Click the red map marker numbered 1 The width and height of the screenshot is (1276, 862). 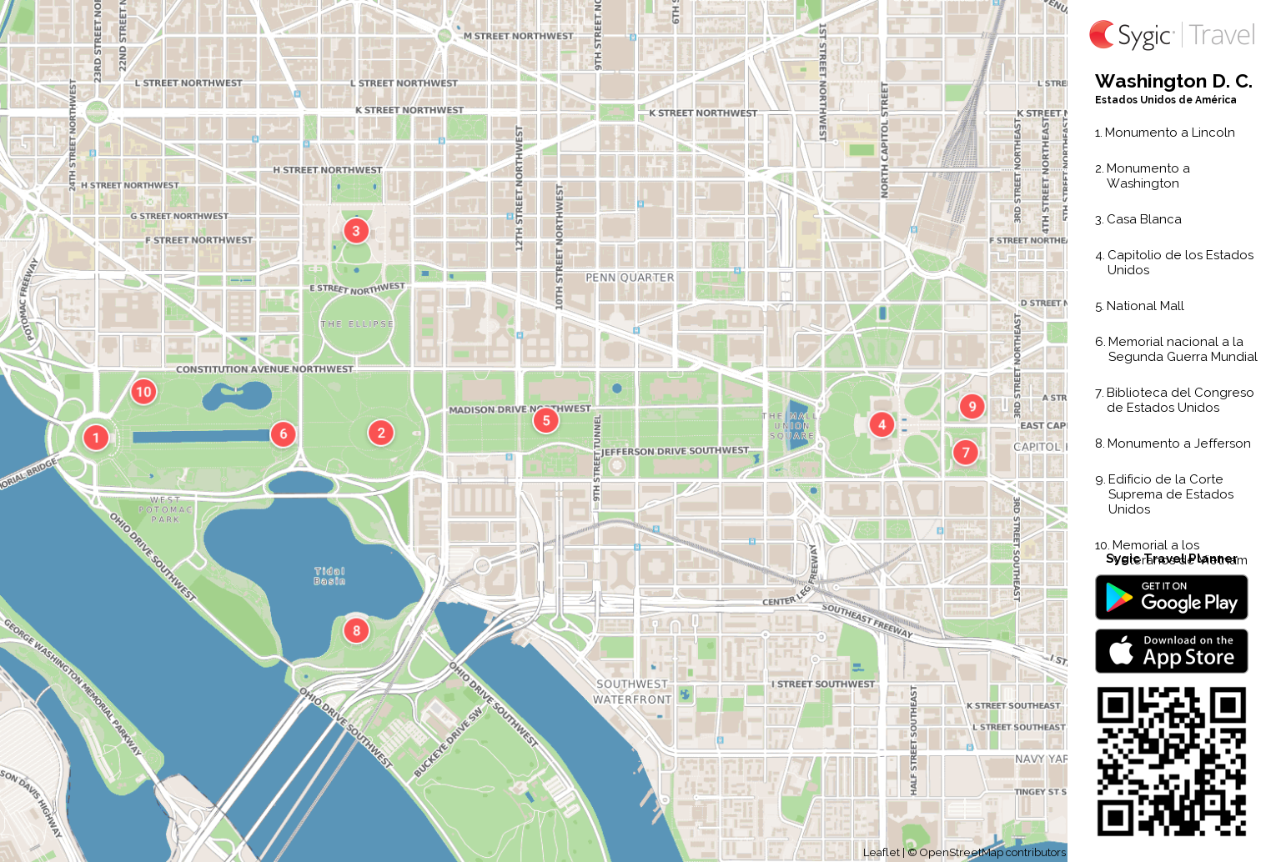(x=96, y=437)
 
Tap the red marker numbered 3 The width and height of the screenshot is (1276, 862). (x=356, y=231)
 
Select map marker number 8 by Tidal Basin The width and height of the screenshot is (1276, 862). (x=356, y=630)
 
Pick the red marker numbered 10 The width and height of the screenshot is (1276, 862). (x=143, y=392)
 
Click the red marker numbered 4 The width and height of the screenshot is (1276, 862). (x=882, y=424)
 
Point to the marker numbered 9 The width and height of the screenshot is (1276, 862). (x=972, y=406)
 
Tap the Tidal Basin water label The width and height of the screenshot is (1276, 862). (x=329, y=576)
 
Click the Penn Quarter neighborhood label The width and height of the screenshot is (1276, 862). (x=630, y=278)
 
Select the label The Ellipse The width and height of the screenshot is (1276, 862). (x=357, y=323)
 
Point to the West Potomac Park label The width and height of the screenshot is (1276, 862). (x=165, y=509)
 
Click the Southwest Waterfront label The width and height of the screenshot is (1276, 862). (x=632, y=692)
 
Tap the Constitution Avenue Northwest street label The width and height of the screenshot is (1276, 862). (x=264, y=369)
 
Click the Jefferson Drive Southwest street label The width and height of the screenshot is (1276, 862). (x=676, y=451)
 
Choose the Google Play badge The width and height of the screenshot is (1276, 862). (x=1171, y=598)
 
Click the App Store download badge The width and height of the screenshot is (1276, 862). (x=1171, y=650)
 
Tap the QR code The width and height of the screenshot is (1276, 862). (x=1171, y=761)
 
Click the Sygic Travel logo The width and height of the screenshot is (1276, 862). (x=1171, y=35)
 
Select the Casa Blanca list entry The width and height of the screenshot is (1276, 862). (x=1143, y=219)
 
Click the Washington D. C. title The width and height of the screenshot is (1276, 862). (x=1173, y=82)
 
